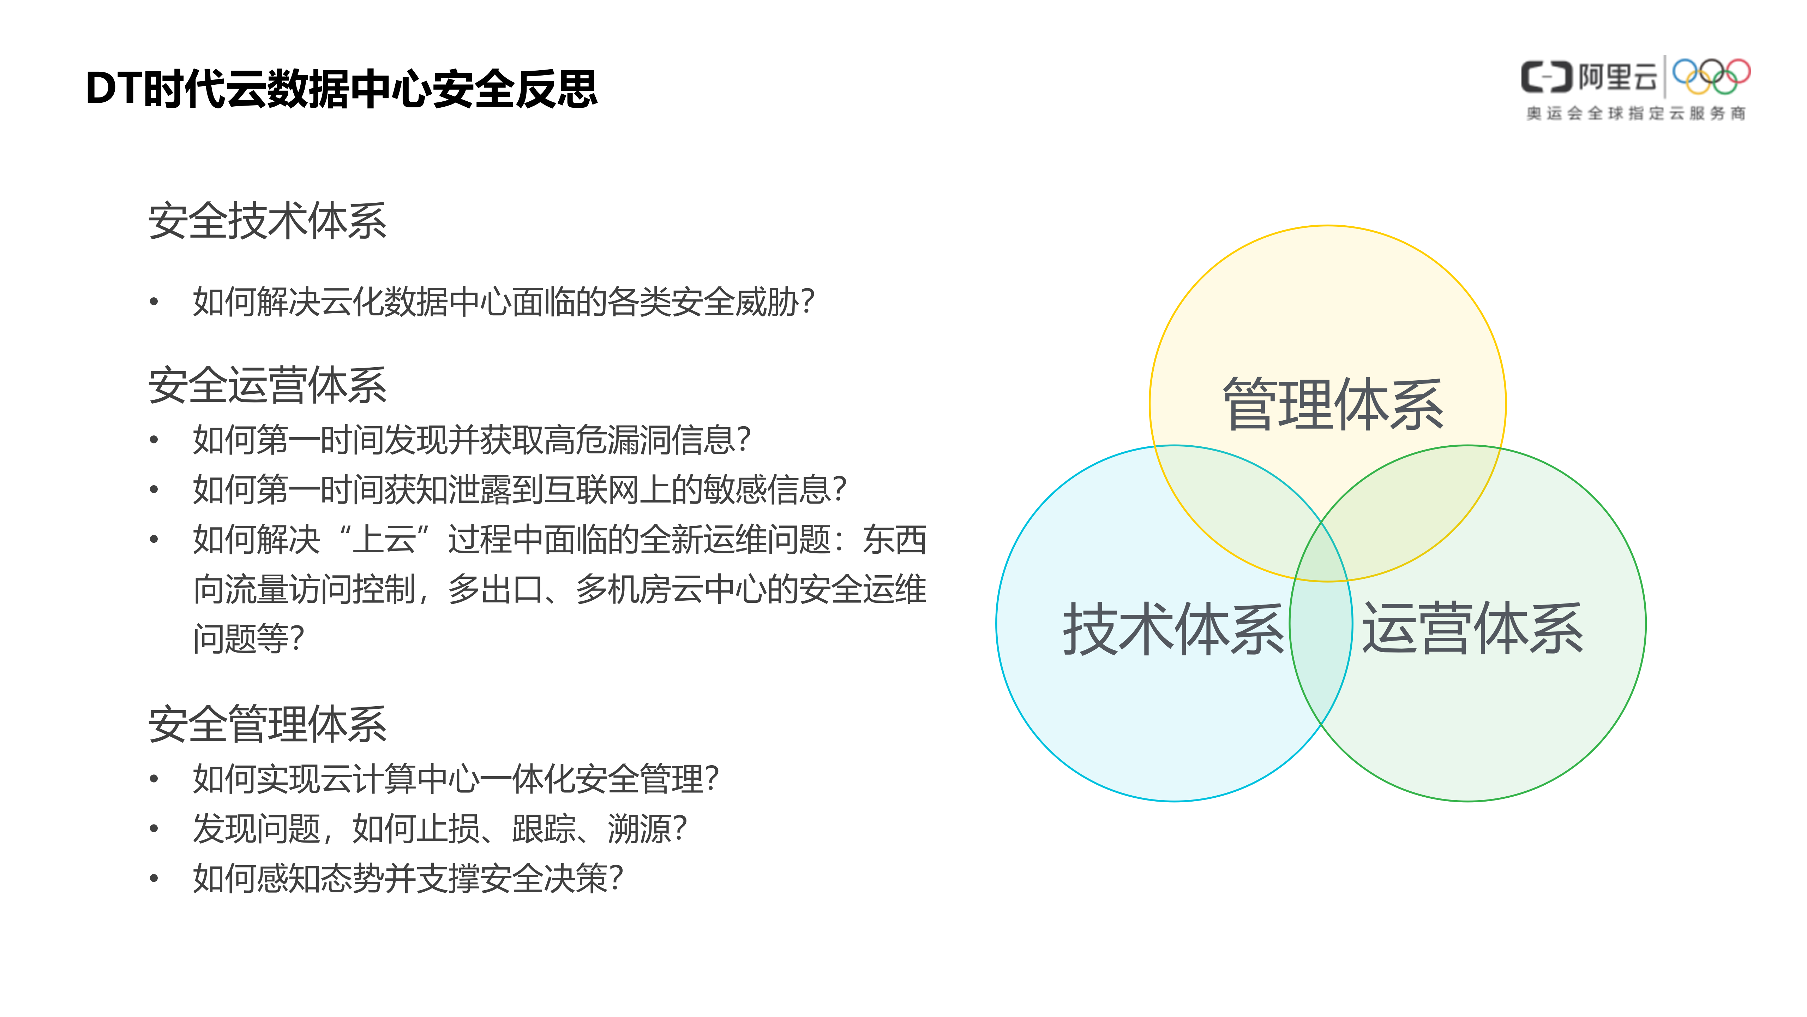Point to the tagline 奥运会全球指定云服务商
[1636, 113]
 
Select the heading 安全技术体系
[267, 221]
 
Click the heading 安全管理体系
[267, 724]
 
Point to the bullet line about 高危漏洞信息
[472, 440]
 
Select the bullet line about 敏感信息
[519, 489]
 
